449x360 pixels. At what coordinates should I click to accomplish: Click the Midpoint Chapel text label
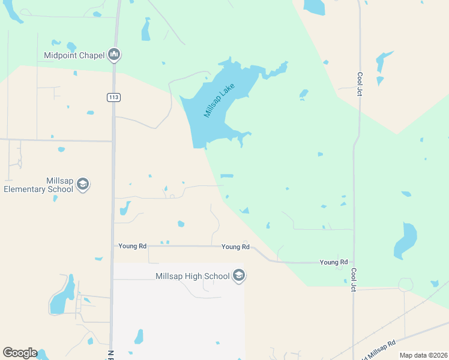pyautogui.click(x=74, y=56)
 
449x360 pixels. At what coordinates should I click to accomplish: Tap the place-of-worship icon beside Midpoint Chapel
pyautogui.click(x=114, y=55)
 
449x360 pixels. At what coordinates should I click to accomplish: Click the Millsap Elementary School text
pyautogui.click(x=38, y=185)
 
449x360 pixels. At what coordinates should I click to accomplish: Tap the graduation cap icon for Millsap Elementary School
pyautogui.click(x=83, y=184)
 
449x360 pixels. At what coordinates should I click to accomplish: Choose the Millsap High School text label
pyautogui.click(x=192, y=276)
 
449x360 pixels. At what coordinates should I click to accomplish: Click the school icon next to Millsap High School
pyautogui.click(x=239, y=276)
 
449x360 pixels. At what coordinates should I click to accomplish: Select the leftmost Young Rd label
pyautogui.click(x=133, y=246)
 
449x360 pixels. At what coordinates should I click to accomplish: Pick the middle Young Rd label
pyautogui.click(x=235, y=247)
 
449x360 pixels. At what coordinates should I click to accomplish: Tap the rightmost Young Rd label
pyautogui.click(x=334, y=262)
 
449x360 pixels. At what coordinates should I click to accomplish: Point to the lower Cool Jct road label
pyautogui.click(x=354, y=280)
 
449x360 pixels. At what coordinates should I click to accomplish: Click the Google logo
pyautogui.click(x=20, y=353)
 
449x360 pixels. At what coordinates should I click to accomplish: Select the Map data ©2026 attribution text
pyautogui.click(x=423, y=355)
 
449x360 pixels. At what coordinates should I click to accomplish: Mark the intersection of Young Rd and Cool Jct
pyautogui.click(x=354, y=262)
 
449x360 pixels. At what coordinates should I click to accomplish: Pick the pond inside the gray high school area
pyautogui.click(x=139, y=336)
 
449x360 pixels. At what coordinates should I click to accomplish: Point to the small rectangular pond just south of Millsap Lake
pyautogui.click(x=226, y=176)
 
